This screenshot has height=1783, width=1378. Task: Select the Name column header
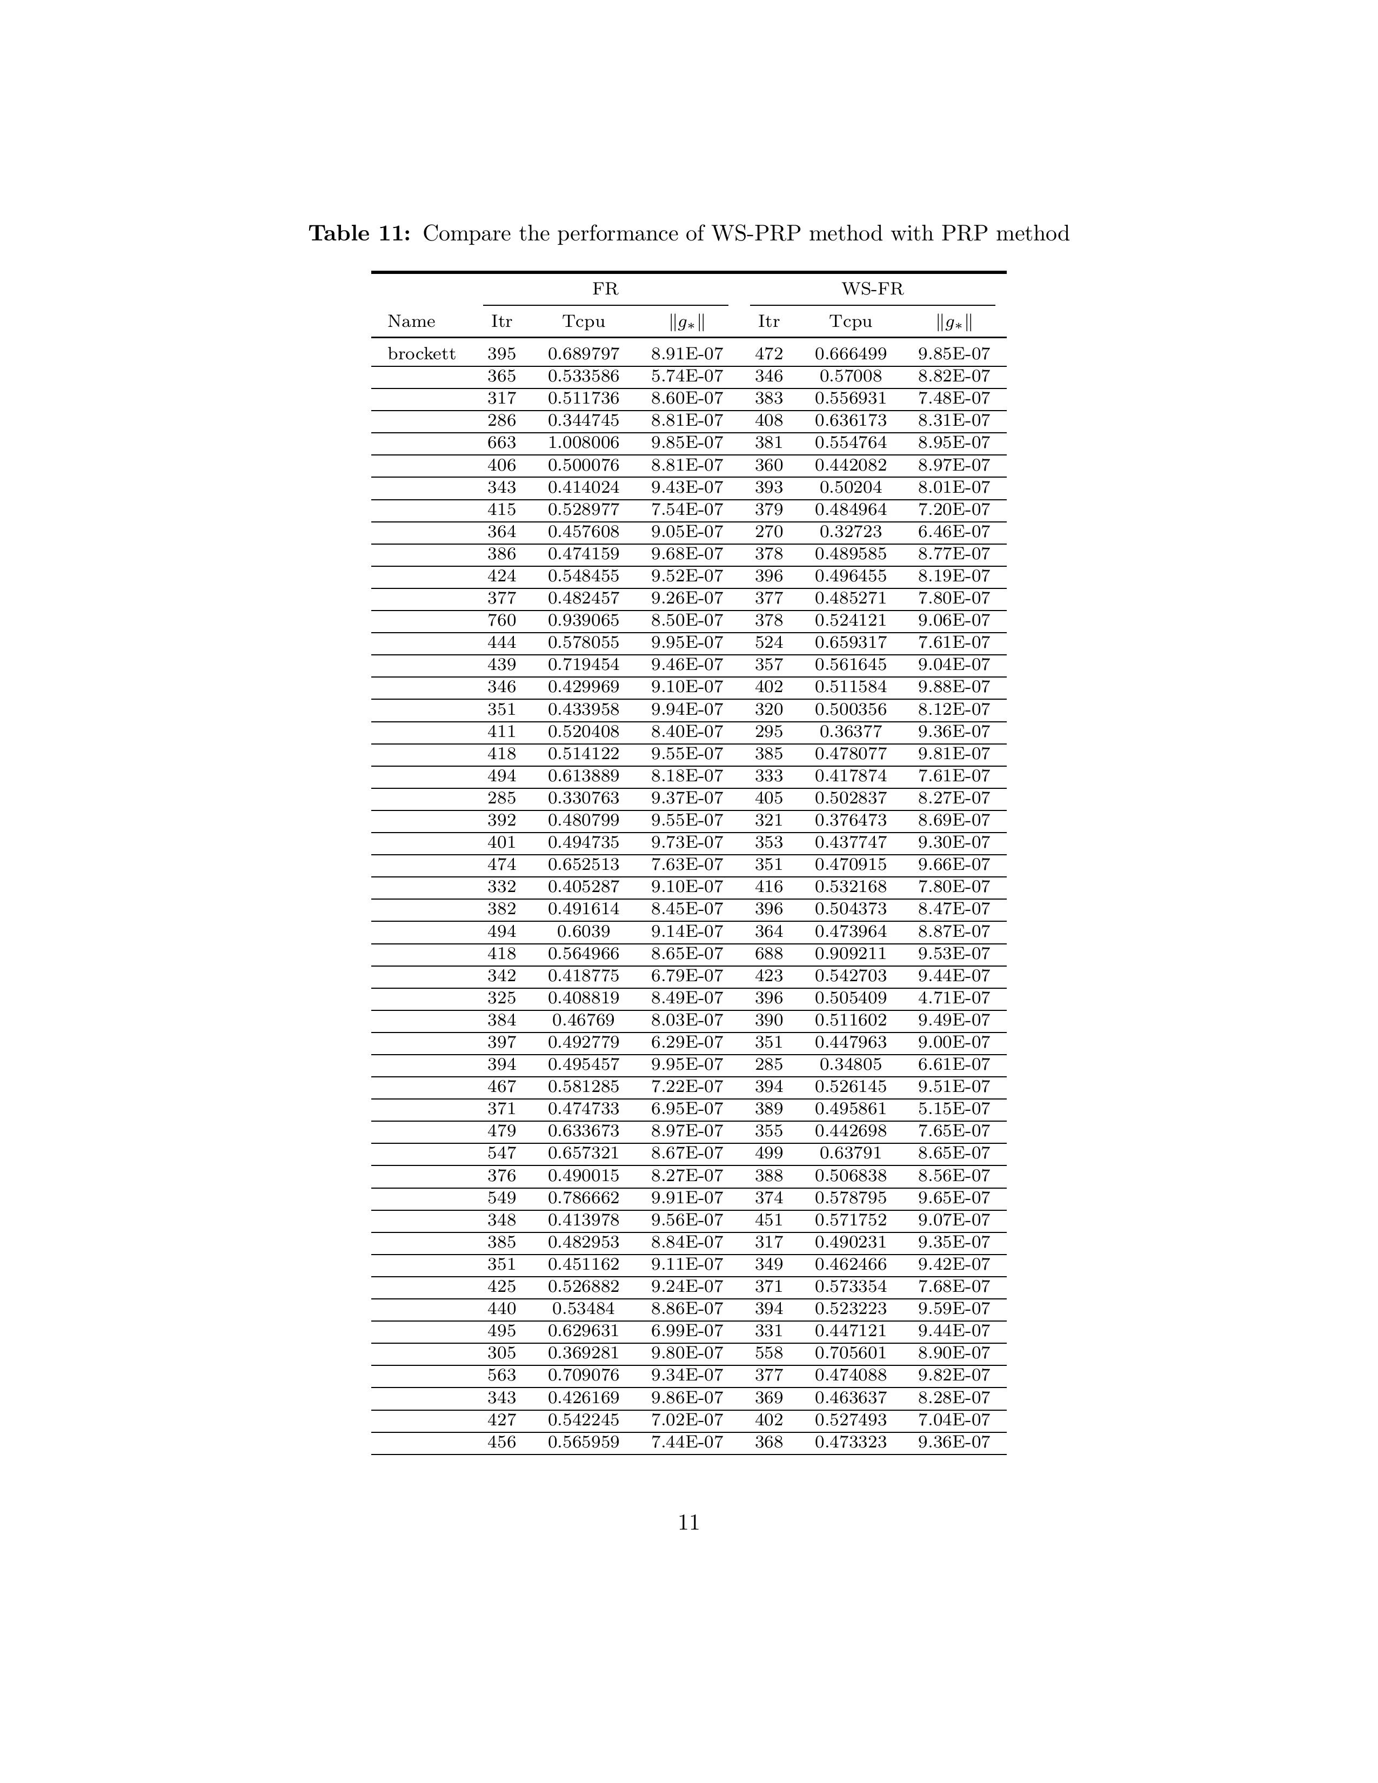411,321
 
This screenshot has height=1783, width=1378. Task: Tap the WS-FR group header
872,289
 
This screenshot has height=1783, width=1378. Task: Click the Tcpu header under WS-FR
851,321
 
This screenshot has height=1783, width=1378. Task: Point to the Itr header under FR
501,321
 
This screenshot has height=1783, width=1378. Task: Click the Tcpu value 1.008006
583,443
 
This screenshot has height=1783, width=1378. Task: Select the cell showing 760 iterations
501,620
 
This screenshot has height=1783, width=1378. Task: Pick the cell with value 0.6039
583,931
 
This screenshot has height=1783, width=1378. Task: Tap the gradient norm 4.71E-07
953,997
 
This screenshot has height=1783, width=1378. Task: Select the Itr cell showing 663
501,443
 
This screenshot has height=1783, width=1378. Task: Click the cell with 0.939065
583,620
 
